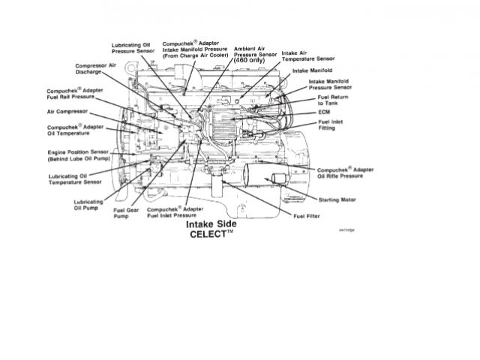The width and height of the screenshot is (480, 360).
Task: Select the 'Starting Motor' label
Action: tap(337, 200)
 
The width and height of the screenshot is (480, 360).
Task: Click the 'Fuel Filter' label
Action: tap(308, 216)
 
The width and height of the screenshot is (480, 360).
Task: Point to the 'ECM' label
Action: tap(324, 112)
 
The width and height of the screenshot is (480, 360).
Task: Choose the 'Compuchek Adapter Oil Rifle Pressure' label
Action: tap(346, 172)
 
